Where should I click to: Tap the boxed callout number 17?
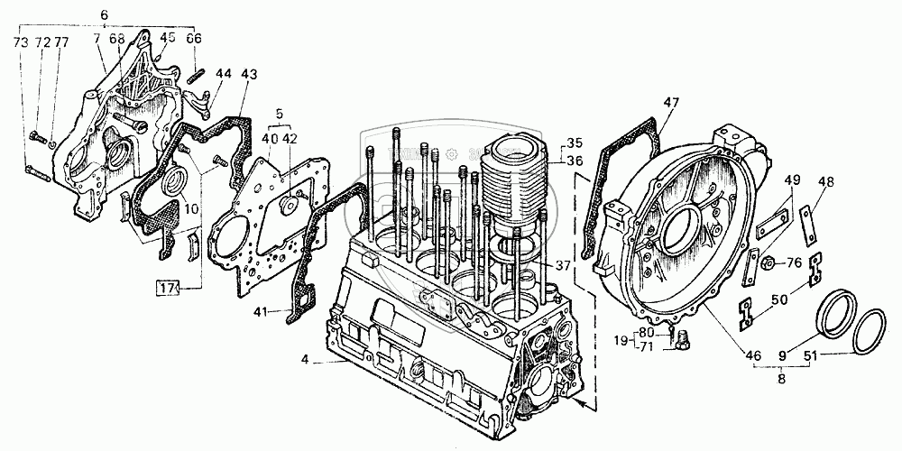pos(166,288)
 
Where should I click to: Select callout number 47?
pos(670,102)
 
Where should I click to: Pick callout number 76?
pos(794,263)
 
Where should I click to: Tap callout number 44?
pos(224,74)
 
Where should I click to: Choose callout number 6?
pos(104,16)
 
